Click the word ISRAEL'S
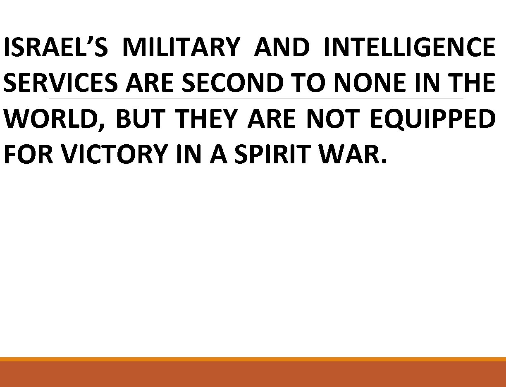click(55, 48)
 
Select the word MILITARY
click(181, 48)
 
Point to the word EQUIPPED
click(432, 119)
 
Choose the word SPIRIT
click(269, 155)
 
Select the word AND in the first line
click(282, 48)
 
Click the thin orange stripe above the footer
click(253, 359)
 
